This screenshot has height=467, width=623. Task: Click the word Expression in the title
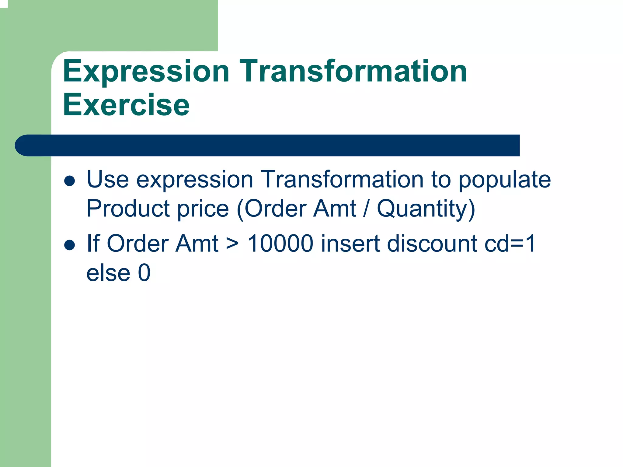click(x=146, y=72)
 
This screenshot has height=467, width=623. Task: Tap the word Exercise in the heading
click(x=126, y=105)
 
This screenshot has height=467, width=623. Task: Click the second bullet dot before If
click(x=70, y=245)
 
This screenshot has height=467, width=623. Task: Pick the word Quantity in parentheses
click(x=423, y=209)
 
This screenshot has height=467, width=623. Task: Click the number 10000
click(x=280, y=244)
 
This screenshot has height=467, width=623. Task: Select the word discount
click(x=432, y=244)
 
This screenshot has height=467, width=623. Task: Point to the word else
click(x=108, y=273)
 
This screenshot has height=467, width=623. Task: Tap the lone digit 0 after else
click(x=144, y=273)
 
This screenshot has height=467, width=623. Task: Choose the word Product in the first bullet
click(x=128, y=209)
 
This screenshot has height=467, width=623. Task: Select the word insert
click(x=350, y=244)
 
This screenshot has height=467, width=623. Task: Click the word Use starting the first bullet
click(x=108, y=180)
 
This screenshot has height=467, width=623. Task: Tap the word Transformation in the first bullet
click(x=342, y=180)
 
